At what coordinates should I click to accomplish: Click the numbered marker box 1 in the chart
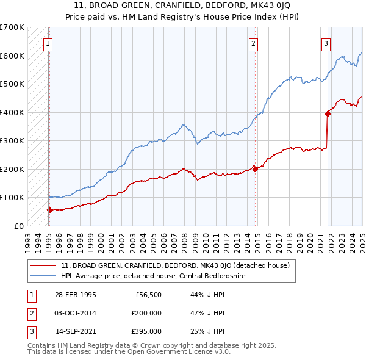coord(48,43)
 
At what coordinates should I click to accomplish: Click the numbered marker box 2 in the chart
coord(253,43)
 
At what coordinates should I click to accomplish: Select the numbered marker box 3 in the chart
coord(326,43)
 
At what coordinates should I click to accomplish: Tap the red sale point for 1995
coord(49,210)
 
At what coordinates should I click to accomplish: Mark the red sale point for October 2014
coord(255,169)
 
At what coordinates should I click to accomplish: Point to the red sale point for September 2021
coord(328,113)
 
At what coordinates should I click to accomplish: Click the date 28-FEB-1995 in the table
coord(76,295)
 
